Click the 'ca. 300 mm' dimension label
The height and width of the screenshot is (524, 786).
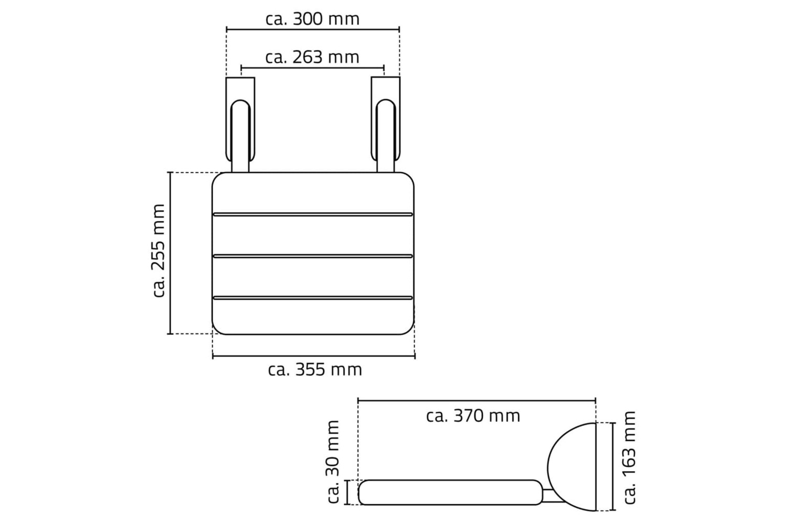pyautogui.click(x=312, y=19)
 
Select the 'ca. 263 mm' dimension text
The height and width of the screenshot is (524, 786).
pyautogui.click(x=312, y=57)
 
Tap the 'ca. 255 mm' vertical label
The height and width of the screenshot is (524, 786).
pyautogui.click(x=159, y=250)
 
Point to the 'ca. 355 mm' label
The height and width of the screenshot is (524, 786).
pyautogui.click(x=315, y=369)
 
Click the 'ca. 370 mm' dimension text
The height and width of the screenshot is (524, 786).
pyautogui.click(x=473, y=416)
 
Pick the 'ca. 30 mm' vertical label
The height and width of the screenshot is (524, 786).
pyautogui.click(x=333, y=462)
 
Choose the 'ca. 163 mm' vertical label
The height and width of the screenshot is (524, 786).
pyautogui.click(x=629, y=457)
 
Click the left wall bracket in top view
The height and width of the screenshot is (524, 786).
pyautogui.click(x=241, y=125)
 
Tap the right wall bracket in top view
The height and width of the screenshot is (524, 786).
pyautogui.click(x=386, y=125)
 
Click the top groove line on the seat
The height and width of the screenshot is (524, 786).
pyautogui.click(x=313, y=214)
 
